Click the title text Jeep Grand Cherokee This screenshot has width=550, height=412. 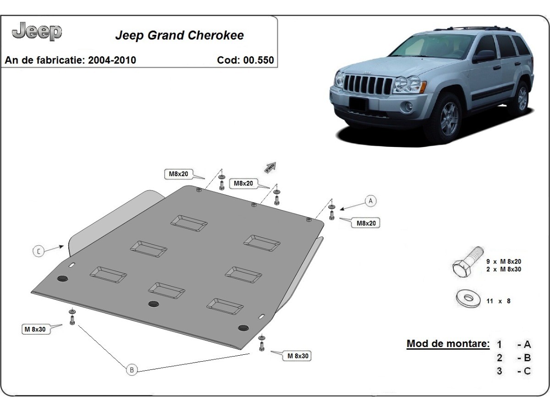pyautogui.click(x=179, y=35)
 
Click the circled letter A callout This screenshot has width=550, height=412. pyautogui.click(x=370, y=201)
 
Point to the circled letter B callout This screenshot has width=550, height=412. pyautogui.click(x=132, y=369)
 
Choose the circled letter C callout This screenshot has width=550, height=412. pyautogui.click(x=39, y=251)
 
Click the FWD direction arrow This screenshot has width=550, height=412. pyautogui.click(x=270, y=167)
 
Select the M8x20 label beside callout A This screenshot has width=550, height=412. pyautogui.click(x=365, y=223)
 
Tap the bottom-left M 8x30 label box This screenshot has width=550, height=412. pyautogui.click(x=35, y=329)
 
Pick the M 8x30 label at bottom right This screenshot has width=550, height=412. pyautogui.click(x=298, y=356)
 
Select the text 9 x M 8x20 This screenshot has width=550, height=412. pyautogui.click(x=503, y=261)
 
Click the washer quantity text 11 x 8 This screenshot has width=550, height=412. pyautogui.click(x=498, y=301)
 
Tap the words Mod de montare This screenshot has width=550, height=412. pyautogui.click(x=448, y=344)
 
